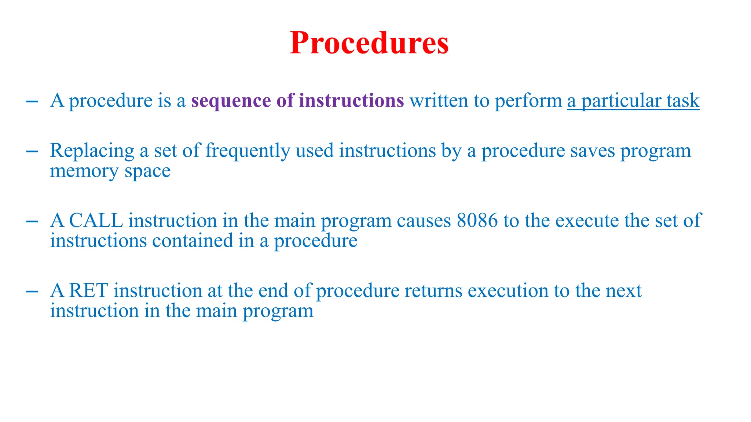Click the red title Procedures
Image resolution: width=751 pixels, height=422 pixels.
(369, 43)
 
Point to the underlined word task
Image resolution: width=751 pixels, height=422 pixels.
(684, 101)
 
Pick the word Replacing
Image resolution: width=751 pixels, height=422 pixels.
(92, 151)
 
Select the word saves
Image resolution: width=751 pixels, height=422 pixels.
(592, 151)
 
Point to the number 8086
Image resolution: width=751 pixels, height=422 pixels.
(477, 221)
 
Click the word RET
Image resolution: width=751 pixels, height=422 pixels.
(88, 291)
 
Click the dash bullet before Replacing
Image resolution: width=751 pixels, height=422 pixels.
(32, 151)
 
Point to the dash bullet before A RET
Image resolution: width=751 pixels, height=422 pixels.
(32, 291)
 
